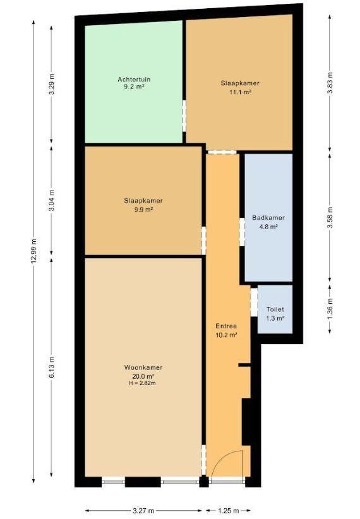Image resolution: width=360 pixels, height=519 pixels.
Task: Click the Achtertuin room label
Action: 134,80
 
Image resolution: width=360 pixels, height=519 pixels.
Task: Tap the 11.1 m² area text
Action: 240,92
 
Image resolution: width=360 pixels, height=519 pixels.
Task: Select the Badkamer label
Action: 268,218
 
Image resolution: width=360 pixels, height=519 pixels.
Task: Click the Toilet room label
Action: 275,309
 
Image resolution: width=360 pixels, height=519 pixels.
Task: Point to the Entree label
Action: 226,326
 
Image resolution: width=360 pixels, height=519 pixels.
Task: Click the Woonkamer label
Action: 143,367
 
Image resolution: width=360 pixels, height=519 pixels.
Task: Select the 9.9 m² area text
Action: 143,210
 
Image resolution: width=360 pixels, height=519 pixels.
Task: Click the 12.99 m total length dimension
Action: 33,251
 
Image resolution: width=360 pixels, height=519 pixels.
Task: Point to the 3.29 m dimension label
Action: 51,83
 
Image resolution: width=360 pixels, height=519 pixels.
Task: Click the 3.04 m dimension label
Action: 51,201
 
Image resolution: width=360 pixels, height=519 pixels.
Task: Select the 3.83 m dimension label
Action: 330,83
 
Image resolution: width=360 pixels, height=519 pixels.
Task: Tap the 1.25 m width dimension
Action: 229,511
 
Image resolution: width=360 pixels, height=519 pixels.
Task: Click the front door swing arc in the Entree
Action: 221,455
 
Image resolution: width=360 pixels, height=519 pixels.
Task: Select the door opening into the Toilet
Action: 254,302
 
